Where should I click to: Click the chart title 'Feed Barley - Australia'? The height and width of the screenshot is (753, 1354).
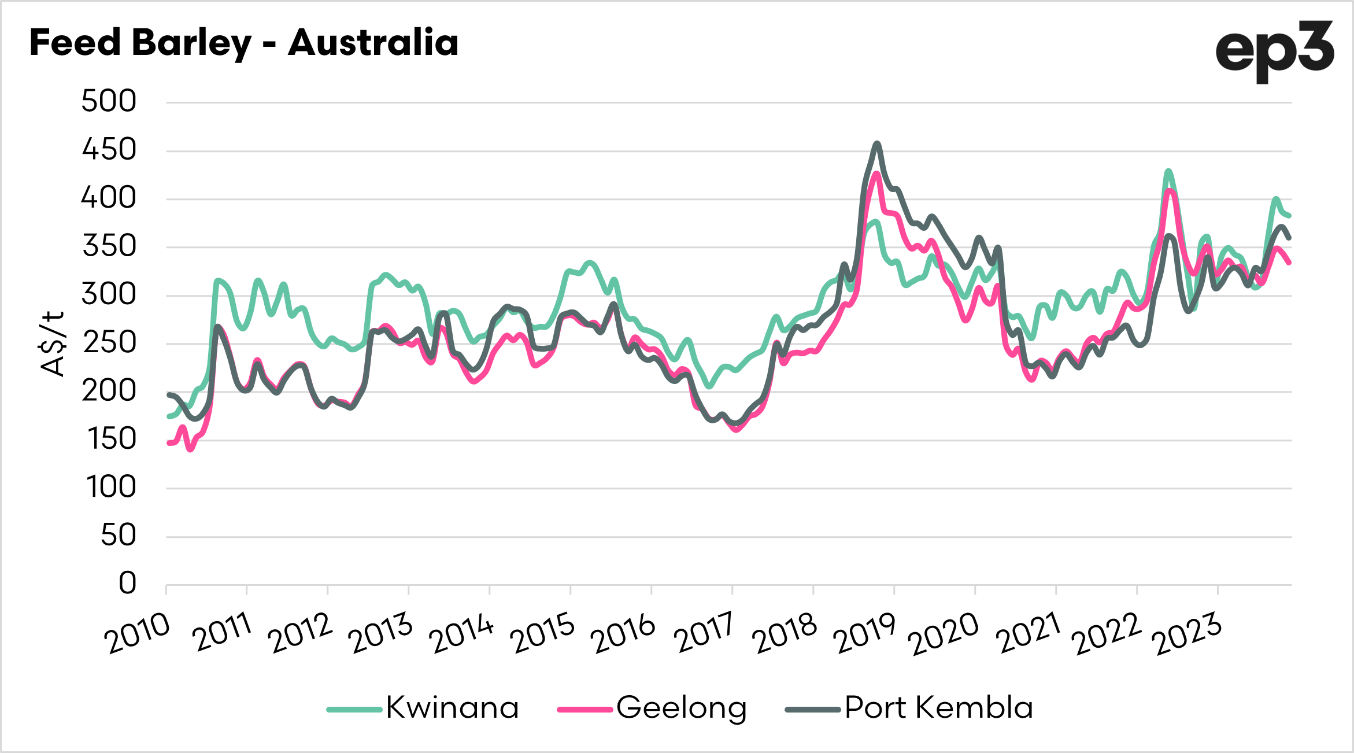click(243, 43)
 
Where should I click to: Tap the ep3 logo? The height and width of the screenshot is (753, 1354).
click(1274, 51)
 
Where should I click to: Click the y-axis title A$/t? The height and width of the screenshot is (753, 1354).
click(53, 344)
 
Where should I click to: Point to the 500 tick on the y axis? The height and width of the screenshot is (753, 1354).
click(109, 102)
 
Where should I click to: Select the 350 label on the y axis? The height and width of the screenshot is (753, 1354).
click(109, 247)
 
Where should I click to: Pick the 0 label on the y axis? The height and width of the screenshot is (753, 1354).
click(127, 584)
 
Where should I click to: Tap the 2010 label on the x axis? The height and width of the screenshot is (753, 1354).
click(138, 634)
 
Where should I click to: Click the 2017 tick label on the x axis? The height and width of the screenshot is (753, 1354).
click(704, 634)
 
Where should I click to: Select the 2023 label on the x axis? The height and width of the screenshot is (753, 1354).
click(1189, 634)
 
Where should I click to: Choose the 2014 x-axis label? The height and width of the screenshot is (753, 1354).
click(461, 634)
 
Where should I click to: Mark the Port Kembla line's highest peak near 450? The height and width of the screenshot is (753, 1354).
click(877, 143)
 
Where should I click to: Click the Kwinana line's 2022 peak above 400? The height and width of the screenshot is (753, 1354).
click(1168, 171)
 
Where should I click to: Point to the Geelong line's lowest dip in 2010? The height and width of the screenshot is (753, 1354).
click(191, 449)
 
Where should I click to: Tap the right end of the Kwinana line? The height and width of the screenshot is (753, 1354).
click(1289, 216)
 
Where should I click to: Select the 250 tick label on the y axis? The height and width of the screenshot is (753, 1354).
click(109, 344)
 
